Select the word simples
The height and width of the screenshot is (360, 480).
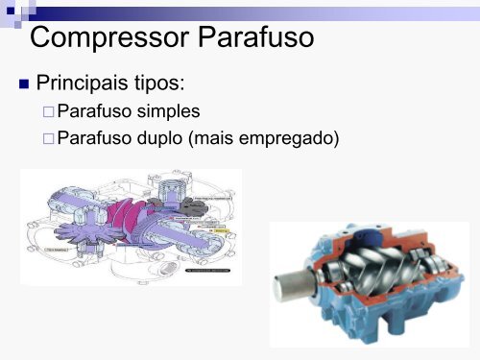[x=166, y=112]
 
